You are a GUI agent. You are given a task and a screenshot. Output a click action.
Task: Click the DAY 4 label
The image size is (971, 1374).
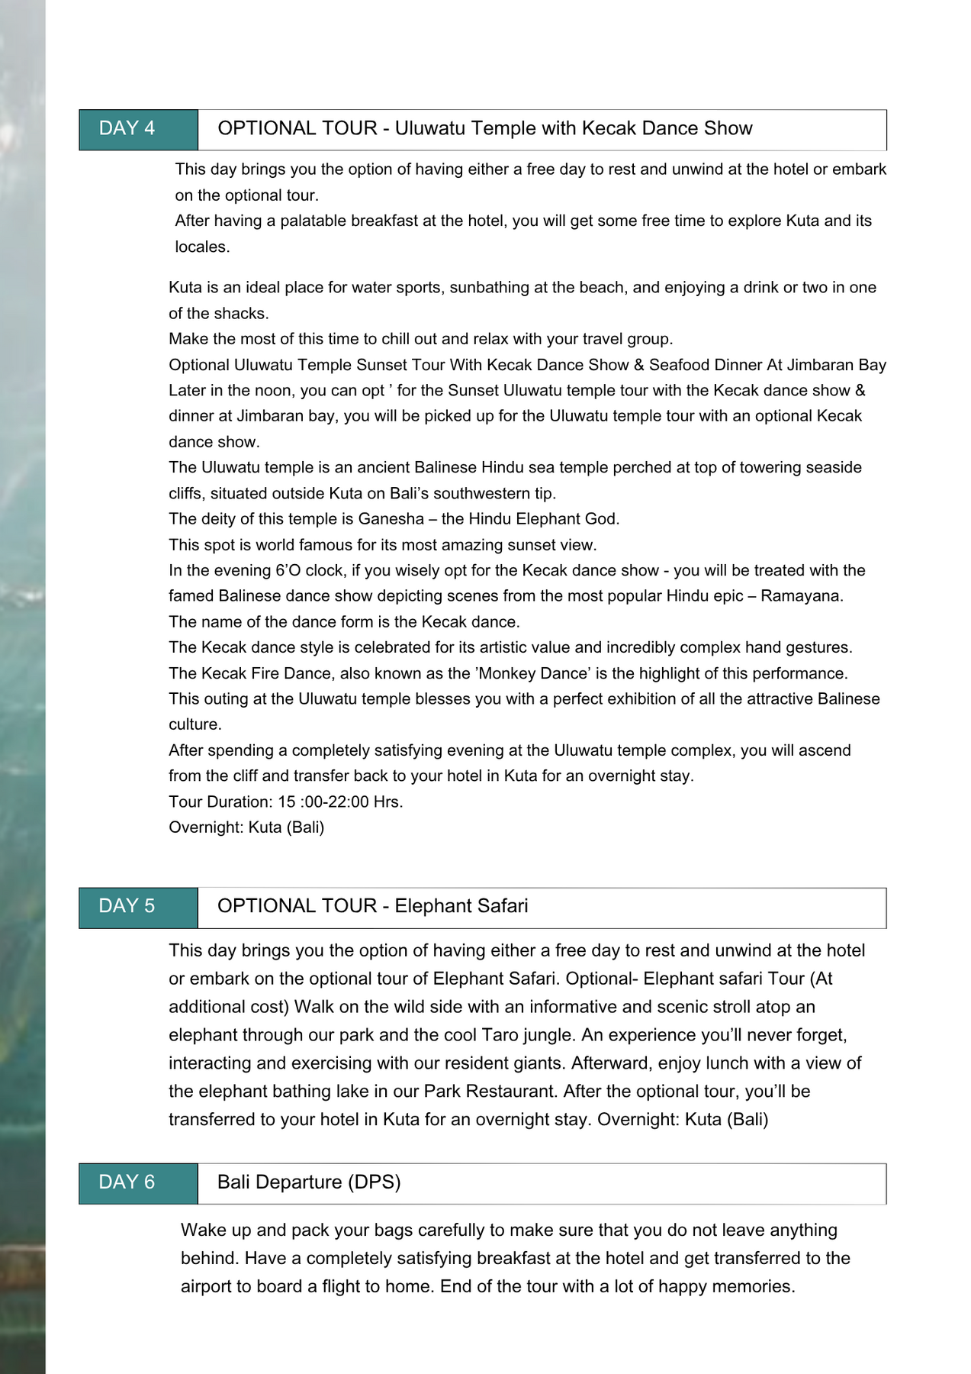point(127,128)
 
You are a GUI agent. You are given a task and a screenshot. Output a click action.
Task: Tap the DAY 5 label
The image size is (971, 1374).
point(127,906)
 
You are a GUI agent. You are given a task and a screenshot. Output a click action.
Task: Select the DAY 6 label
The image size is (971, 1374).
point(127,1182)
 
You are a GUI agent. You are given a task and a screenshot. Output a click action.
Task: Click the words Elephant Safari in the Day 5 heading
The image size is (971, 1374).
point(461,906)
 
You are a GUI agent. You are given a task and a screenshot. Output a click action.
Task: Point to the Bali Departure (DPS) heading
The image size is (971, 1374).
point(309,1182)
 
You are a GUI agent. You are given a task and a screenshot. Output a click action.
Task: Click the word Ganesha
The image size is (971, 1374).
point(391,519)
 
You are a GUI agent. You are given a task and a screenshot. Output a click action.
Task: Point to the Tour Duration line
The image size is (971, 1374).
point(286,802)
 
